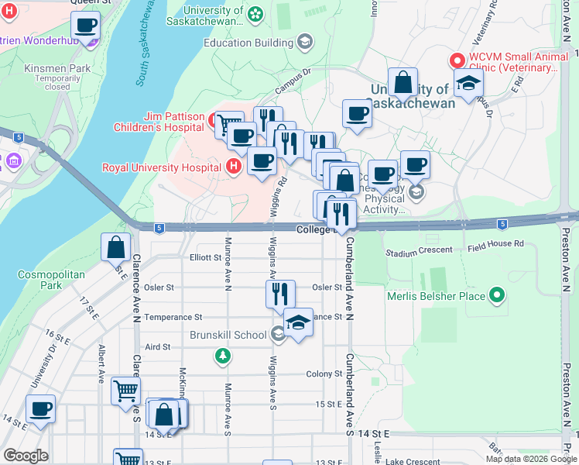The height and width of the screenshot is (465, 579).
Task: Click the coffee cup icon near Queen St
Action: pyautogui.click(x=86, y=25)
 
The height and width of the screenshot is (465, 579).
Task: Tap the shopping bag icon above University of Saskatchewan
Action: pyautogui.click(x=403, y=81)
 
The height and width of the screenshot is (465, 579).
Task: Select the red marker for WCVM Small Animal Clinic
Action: pyautogui.click(x=457, y=60)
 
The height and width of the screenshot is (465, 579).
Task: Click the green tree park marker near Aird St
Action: pyautogui.click(x=223, y=356)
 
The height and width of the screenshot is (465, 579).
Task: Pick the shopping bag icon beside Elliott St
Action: pyautogui.click(x=115, y=247)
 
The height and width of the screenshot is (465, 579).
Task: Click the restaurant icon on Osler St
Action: pyautogui.click(x=280, y=293)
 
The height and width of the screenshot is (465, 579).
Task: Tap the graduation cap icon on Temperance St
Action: pyautogui.click(x=298, y=322)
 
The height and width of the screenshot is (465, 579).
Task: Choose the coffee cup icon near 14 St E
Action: pyautogui.click(x=40, y=408)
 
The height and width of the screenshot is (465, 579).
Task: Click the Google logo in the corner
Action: pyautogui.click(x=26, y=456)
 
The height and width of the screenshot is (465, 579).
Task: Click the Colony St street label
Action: pyautogui.click(x=324, y=374)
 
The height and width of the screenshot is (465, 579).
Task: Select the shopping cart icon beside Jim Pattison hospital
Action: pyautogui.click(x=229, y=124)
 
